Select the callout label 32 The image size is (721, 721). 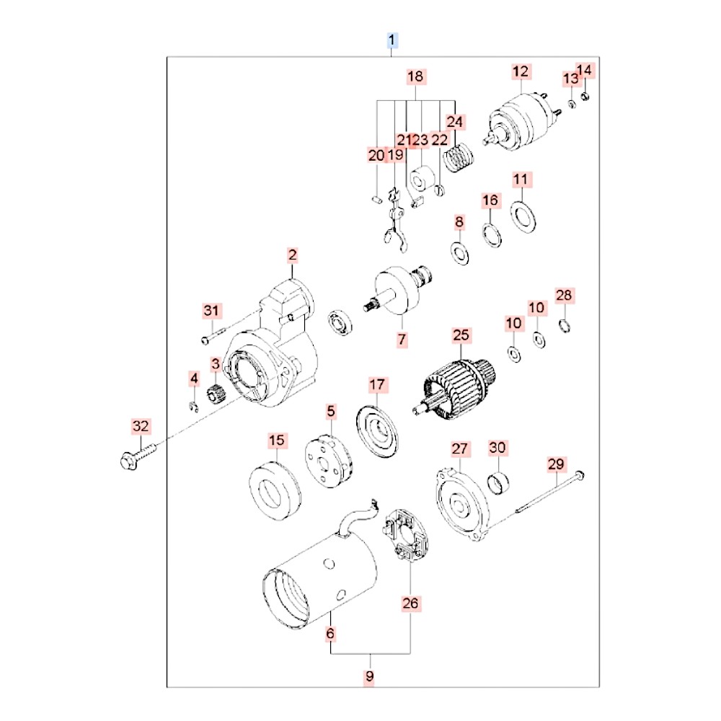141,426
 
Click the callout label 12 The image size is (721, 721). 521,71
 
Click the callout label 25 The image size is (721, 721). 461,335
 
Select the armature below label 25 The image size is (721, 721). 454,382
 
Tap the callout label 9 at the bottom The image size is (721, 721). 370,676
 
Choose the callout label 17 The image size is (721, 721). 378,385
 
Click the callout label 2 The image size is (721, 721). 292,255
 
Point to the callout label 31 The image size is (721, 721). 210,311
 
